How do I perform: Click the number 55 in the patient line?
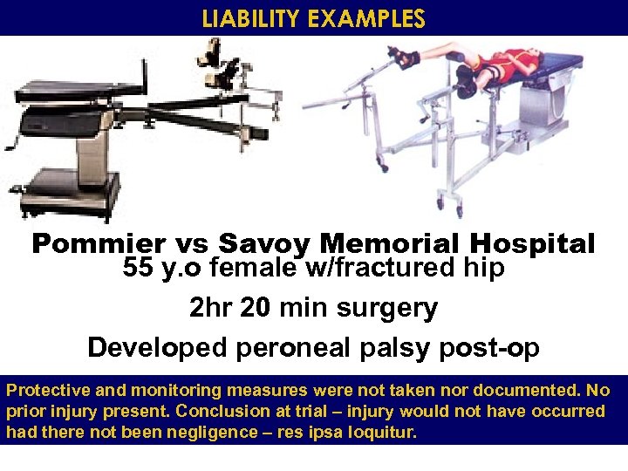[x=138, y=269]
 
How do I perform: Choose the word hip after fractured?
[x=486, y=269]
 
